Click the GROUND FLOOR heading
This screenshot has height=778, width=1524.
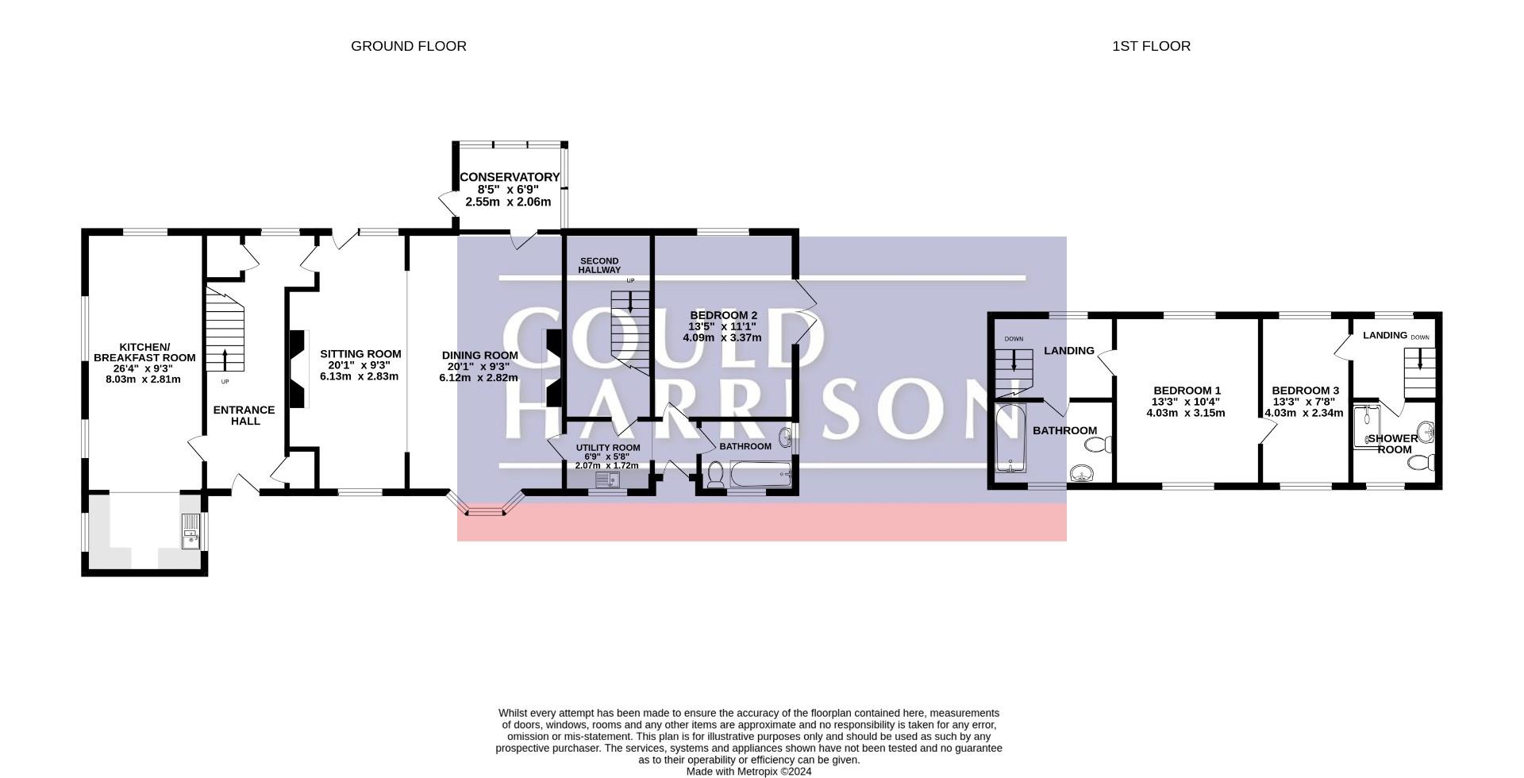[x=409, y=46]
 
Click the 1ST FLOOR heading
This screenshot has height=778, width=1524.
[x=1151, y=46]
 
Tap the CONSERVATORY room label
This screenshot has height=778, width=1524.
[x=510, y=177]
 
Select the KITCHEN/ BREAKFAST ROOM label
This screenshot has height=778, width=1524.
[x=144, y=352]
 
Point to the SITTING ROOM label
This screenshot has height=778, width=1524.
[x=360, y=354]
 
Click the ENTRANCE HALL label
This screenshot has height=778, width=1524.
[x=244, y=415]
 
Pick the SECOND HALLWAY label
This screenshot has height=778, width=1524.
[x=599, y=265]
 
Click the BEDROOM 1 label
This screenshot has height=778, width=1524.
[x=1187, y=391]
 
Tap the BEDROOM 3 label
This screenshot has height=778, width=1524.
[x=1305, y=391]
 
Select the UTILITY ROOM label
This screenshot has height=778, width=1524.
[x=607, y=448]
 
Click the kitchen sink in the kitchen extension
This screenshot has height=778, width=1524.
[x=193, y=530]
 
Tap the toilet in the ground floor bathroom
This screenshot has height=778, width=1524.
[x=714, y=474]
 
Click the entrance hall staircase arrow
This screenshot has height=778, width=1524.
[x=225, y=359]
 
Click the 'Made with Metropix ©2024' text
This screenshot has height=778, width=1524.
[x=749, y=771]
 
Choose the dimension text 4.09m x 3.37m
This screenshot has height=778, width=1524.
[x=722, y=337]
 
